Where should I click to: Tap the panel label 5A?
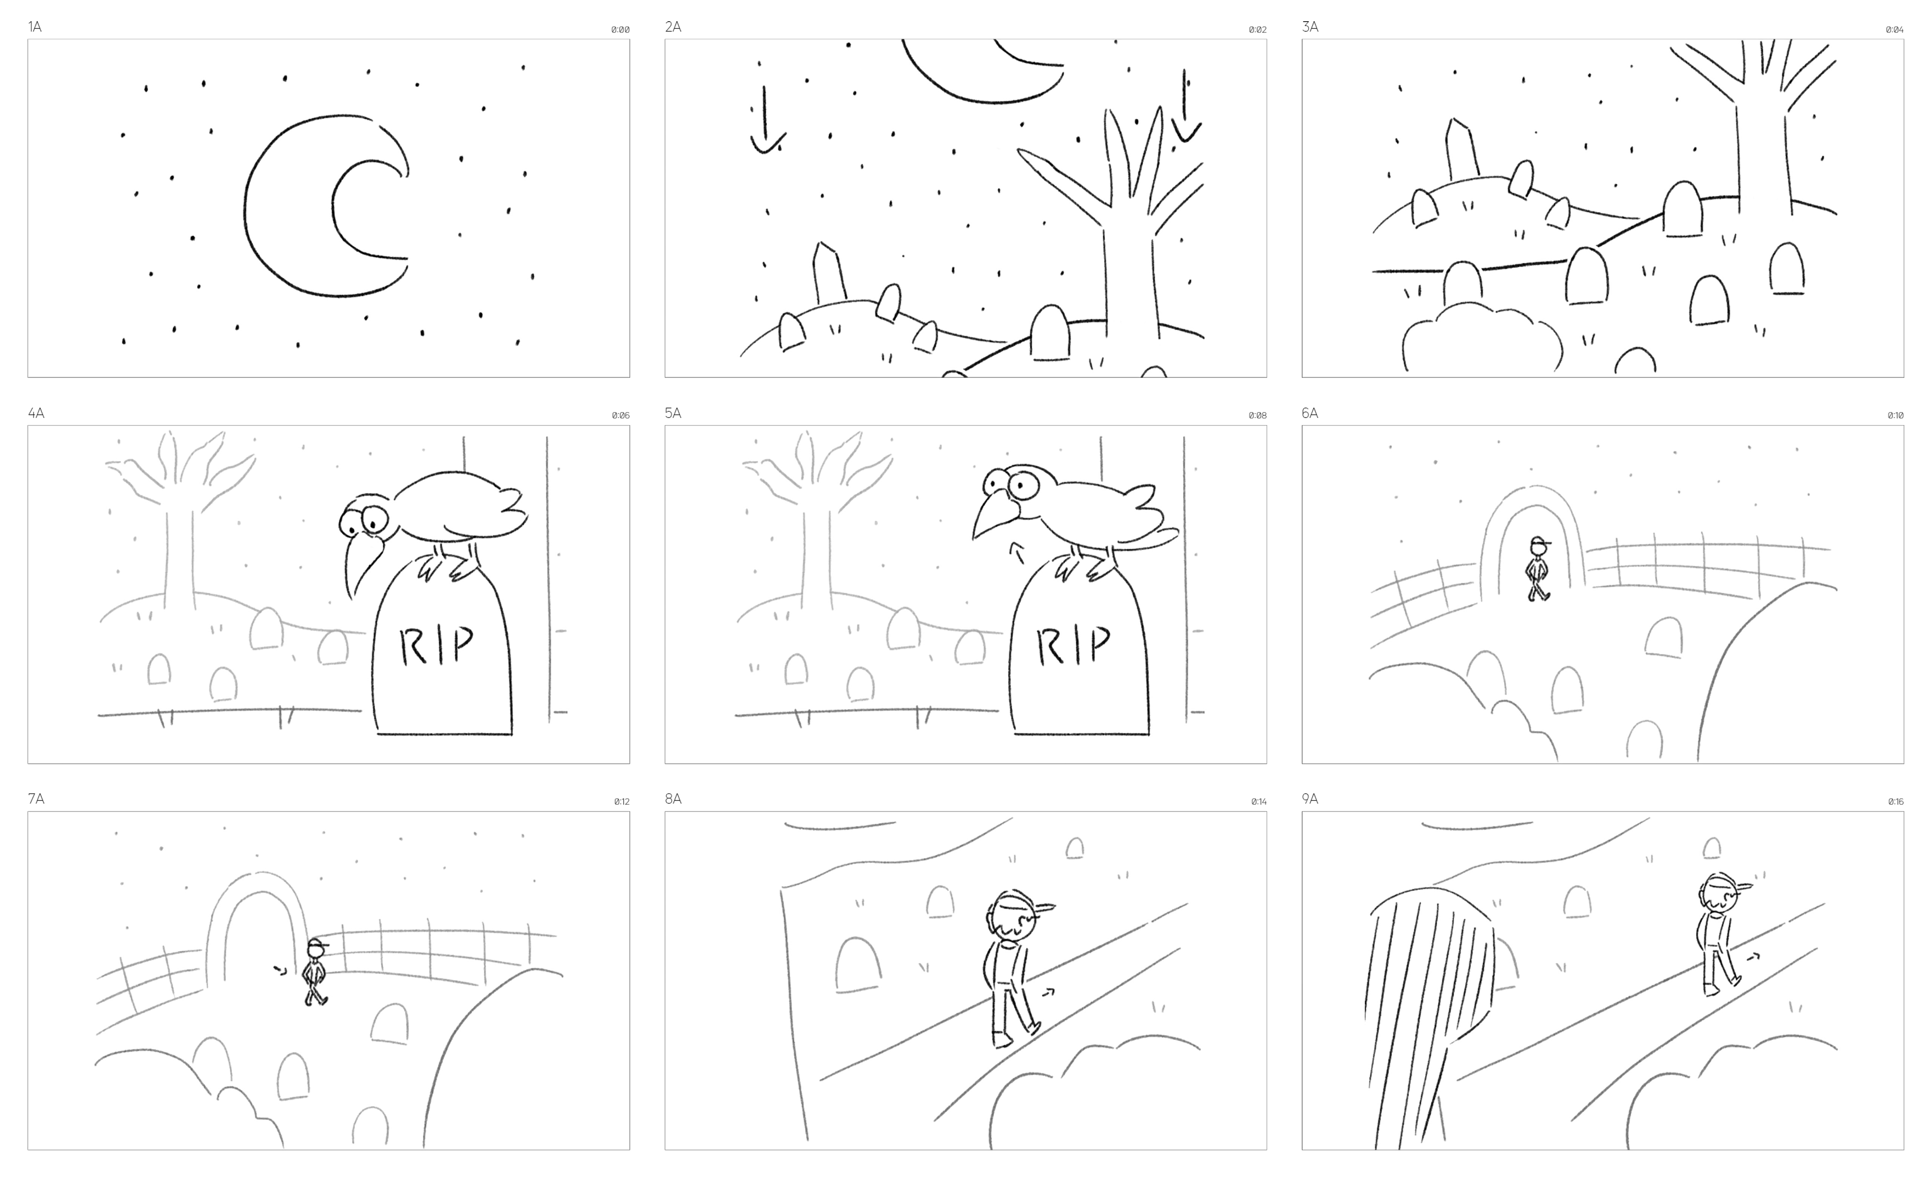click(x=673, y=413)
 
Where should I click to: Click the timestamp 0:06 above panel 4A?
click(x=620, y=416)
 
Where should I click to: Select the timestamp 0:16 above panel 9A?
click(x=1895, y=801)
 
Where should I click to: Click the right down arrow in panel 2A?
click(x=1185, y=106)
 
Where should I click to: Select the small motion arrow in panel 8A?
click(x=1047, y=993)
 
